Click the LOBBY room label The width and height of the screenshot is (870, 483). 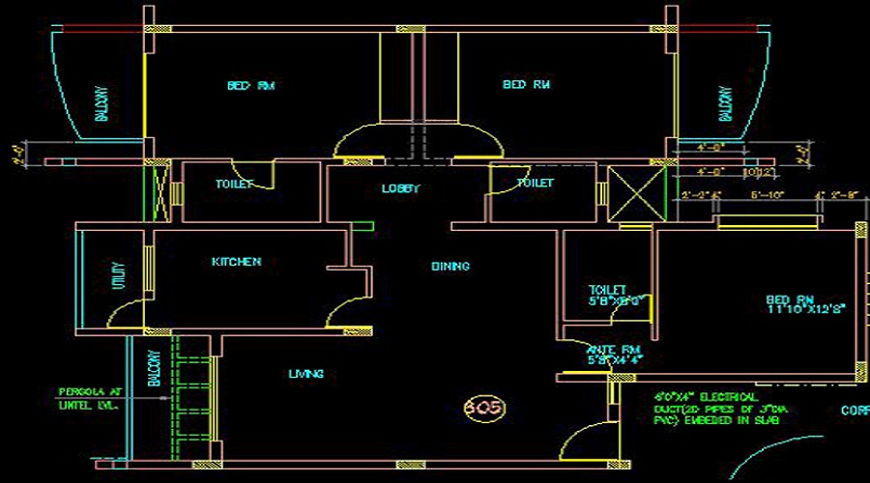pos(401,189)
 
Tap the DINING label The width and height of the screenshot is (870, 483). pos(450,266)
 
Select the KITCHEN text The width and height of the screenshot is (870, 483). pos(237,262)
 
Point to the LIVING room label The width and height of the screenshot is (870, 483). pos(305,374)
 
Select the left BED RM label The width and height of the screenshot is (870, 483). pos(251,86)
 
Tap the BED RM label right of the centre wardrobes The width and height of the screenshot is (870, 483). pos(527,85)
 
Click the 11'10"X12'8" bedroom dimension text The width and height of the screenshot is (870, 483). pos(806,310)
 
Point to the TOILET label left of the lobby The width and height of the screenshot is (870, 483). pos(234,184)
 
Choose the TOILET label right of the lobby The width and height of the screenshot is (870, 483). pos(535,183)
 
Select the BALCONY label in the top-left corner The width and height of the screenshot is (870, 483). pos(101,103)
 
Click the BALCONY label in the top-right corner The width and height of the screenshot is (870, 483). pos(725,103)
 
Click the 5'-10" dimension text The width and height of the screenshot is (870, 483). pos(768,194)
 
